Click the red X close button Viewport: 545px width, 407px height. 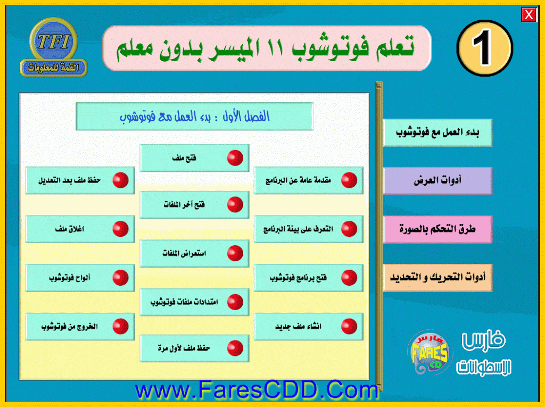coord(529,15)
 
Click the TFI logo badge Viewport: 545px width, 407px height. coord(54,47)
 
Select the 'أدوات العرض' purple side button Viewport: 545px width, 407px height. coord(437,181)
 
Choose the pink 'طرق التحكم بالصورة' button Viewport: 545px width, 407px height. coord(437,229)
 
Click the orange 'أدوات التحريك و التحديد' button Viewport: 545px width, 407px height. coord(437,278)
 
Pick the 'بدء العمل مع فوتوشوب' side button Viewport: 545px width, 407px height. coord(437,132)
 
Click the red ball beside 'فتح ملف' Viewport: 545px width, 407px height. coord(235,158)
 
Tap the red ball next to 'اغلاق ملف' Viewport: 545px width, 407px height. coord(121,229)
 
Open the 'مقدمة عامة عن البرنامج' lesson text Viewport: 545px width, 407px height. coord(298,180)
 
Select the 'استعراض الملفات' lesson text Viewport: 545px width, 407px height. coord(184,253)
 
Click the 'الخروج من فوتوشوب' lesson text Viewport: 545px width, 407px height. coord(70,327)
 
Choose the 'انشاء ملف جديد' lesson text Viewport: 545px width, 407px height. coord(298,327)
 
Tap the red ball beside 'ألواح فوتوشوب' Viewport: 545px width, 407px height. coord(121,278)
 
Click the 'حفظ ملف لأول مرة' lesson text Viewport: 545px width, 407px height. coord(184,348)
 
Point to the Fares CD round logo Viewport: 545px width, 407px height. coord(430,352)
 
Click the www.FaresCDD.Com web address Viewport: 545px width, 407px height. coord(257,390)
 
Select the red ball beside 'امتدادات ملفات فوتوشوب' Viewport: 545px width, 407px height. coord(235,302)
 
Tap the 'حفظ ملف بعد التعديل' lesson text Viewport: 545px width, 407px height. coord(70,180)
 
